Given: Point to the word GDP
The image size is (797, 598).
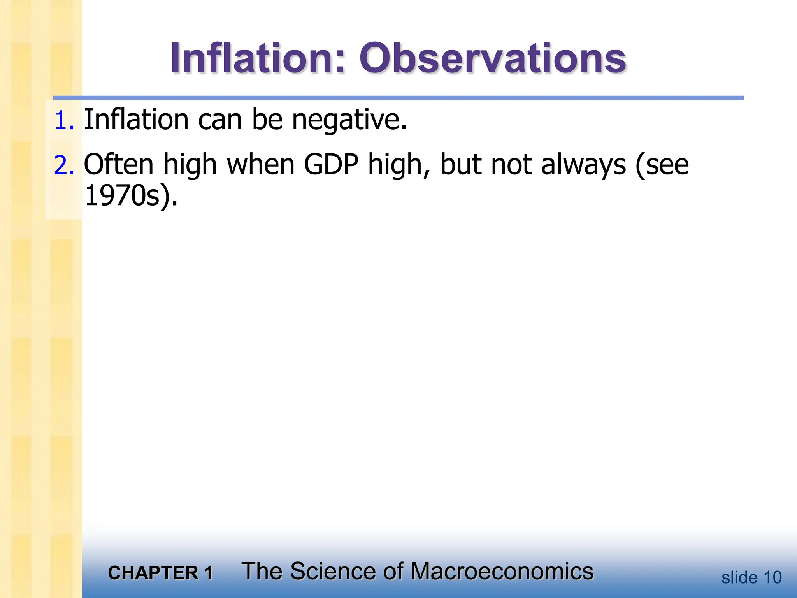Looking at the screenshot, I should pyautogui.click(x=331, y=165).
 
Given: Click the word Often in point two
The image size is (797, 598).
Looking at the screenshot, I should pyautogui.click(x=119, y=165).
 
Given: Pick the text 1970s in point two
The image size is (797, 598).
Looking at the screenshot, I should pyautogui.click(x=122, y=195).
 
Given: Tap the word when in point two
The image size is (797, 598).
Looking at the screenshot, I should pyautogui.click(x=261, y=165).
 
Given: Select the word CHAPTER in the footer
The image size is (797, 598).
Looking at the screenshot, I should pyautogui.click(x=153, y=573).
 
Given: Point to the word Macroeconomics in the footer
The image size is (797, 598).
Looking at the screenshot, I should pyautogui.click(x=502, y=571).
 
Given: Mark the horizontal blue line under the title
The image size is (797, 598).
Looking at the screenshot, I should pyautogui.click(x=398, y=98).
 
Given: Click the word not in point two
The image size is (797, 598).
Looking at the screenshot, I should pyautogui.click(x=511, y=165).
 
